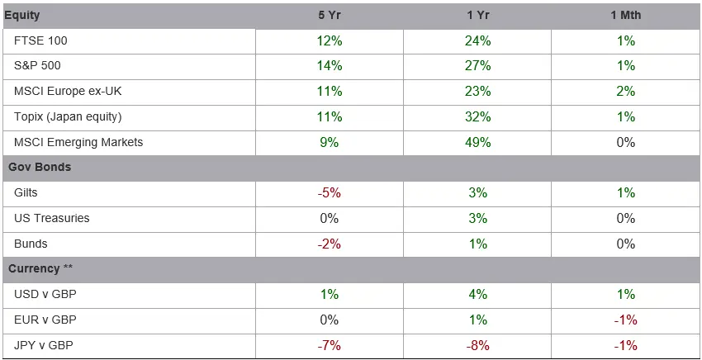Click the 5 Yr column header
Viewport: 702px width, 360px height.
pyautogui.click(x=330, y=15)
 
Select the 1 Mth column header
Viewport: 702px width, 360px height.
pyautogui.click(x=626, y=15)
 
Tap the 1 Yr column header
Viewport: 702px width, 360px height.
pyautogui.click(x=477, y=15)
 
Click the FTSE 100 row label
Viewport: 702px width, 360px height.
pyautogui.click(x=40, y=40)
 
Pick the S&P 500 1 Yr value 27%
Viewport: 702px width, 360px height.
pyautogui.click(x=477, y=66)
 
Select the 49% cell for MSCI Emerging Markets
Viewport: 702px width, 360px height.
pyautogui.click(x=477, y=142)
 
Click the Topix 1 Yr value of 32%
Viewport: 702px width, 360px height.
pyautogui.click(x=477, y=117)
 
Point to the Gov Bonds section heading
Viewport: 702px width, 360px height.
pyautogui.click(x=40, y=168)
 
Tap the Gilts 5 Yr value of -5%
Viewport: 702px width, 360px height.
pyautogui.click(x=329, y=193)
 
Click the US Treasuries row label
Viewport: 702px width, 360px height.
pyautogui.click(x=52, y=219)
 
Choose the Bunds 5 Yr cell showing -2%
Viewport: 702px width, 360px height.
pyautogui.click(x=329, y=244)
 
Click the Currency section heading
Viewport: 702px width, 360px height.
pyautogui.click(x=40, y=268)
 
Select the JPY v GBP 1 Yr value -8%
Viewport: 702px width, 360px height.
pyautogui.click(x=477, y=346)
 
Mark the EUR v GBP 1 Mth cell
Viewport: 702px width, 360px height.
pyautogui.click(x=626, y=320)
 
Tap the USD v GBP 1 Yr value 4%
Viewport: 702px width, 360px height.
pyautogui.click(x=477, y=295)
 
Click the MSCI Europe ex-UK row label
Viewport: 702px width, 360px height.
pyautogui.click(x=68, y=92)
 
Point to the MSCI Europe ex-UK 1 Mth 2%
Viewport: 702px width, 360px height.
pyautogui.click(x=626, y=92)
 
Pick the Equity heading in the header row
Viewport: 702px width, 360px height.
pyautogui.click(x=22, y=15)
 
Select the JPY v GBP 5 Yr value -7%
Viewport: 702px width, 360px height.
pyautogui.click(x=329, y=346)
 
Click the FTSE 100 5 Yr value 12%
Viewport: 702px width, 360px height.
pyautogui.click(x=330, y=40)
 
